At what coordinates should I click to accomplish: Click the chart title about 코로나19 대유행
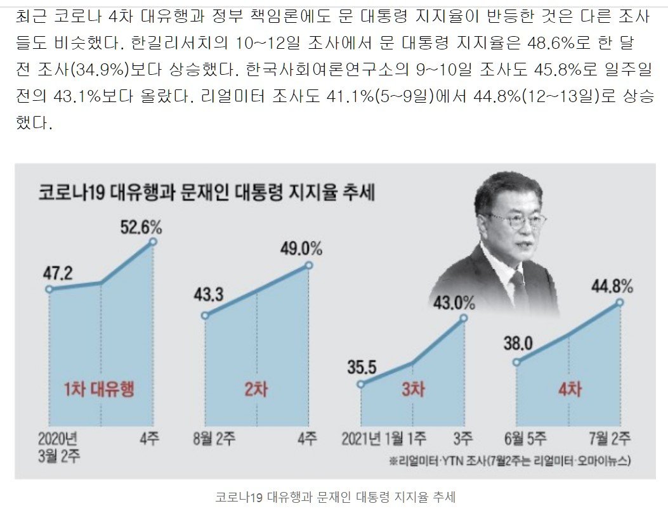pyautogui.click(x=206, y=191)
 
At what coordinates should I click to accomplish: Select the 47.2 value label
pyautogui.click(x=58, y=274)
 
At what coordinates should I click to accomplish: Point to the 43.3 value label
pyautogui.click(x=213, y=297)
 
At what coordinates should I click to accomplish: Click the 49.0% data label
pyautogui.click(x=301, y=249)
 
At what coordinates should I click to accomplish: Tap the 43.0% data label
pyautogui.click(x=454, y=302)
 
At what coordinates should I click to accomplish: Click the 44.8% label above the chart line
pyautogui.click(x=612, y=287)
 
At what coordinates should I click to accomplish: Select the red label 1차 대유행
pyautogui.click(x=99, y=388)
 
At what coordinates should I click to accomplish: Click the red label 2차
pyautogui.click(x=256, y=388)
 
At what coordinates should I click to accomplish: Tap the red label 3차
pyautogui.click(x=413, y=388)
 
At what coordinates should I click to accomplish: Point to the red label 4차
pyautogui.click(x=568, y=388)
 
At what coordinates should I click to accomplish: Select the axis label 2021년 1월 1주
pyautogui.click(x=383, y=438)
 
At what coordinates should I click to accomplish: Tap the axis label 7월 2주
pyautogui.click(x=610, y=438)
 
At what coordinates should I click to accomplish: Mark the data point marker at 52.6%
pyautogui.click(x=153, y=242)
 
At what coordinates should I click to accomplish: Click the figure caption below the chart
pyautogui.click(x=335, y=498)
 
